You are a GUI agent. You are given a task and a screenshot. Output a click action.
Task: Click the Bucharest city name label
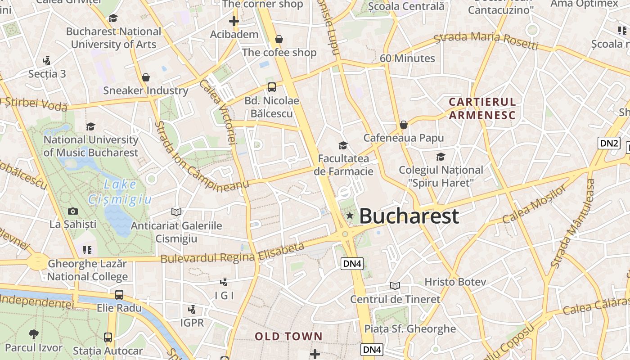point(409,216)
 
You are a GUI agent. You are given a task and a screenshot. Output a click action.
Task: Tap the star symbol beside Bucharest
point(350,216)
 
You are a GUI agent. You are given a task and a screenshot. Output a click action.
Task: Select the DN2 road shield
point(609,144)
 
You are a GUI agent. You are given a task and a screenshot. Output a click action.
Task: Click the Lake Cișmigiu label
point(120,192)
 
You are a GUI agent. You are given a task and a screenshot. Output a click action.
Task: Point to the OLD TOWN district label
point(289,336)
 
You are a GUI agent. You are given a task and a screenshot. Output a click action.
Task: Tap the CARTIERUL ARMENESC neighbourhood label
point(482,108)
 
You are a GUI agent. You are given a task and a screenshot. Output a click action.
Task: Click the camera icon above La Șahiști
point(72,211)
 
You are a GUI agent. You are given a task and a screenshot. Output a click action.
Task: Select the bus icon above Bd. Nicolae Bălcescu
point(271,87)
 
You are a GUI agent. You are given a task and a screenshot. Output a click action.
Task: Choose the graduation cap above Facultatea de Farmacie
point(343,145)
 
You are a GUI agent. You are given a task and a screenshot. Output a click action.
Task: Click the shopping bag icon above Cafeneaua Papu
point(404,125)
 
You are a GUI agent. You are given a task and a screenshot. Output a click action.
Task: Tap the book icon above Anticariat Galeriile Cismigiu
point(176,211)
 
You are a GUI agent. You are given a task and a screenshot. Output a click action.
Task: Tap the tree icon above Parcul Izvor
point(33,334)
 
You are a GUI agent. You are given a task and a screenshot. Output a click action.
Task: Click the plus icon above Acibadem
point(234,21)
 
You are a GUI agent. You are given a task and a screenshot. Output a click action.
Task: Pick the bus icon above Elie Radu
point(119,295)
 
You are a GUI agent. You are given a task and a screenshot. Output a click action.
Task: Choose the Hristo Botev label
point(455,282)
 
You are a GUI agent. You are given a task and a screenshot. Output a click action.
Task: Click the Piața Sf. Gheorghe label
point(410,328)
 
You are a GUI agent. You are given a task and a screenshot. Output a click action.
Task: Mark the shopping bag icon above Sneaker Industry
point(145,77)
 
